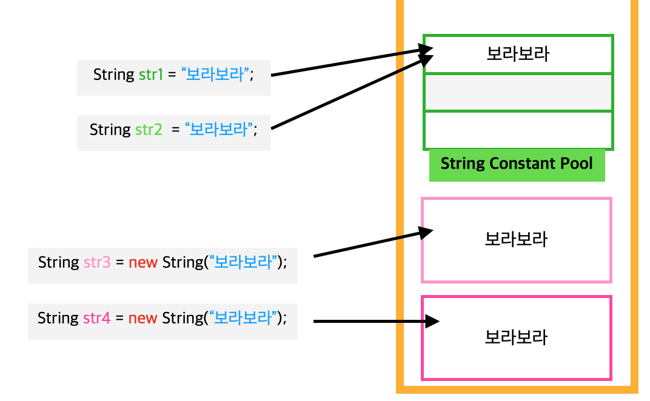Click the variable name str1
(150, 75)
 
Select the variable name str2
(149, 130)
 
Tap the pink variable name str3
(97, 263)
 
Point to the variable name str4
(96, 318)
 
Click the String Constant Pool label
(517, 164)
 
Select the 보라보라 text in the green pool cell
(518, 55)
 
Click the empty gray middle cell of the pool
(518, 92)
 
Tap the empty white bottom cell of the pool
(518, 130)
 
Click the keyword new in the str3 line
(143, 263)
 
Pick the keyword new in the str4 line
(143, 318)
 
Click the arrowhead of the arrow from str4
(431, 321)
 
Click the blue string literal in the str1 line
(216, 75)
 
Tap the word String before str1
(113, 75)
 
